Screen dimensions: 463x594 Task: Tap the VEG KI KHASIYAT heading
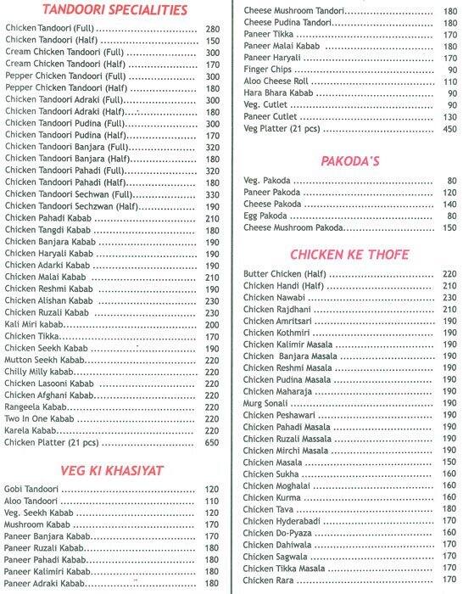tap(112, 470)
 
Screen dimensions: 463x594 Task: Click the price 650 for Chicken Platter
tap(212, 442)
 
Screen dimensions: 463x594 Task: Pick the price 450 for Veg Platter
tap(449, 129)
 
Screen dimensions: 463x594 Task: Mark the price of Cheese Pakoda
tap(449, 205)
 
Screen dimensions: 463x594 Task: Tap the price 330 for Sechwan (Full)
tap(212, 193)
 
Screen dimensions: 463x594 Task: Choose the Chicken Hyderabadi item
tap(278, 520)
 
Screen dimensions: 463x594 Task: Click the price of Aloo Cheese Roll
tap(449, 81)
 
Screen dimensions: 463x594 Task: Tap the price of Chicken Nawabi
tap(449, 298)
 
